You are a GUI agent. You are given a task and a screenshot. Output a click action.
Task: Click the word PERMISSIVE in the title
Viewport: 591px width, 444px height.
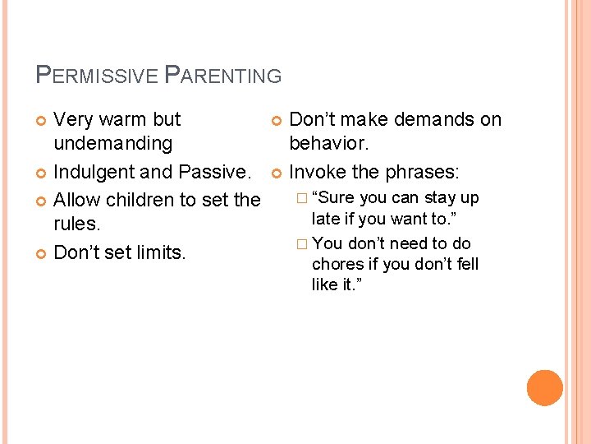98,76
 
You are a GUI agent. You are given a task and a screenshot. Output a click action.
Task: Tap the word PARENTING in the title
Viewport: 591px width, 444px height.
223,76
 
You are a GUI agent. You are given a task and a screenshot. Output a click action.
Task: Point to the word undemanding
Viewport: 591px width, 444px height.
112,144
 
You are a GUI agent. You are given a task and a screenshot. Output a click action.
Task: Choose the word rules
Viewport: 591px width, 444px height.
76,224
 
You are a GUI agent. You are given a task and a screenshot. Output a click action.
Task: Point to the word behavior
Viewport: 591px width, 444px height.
328,144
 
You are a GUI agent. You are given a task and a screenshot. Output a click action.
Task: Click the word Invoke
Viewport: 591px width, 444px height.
316,173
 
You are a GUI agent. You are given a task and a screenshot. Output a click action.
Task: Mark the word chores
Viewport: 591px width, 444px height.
336,264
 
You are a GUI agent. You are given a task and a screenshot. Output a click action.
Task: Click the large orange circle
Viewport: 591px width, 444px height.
545,387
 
